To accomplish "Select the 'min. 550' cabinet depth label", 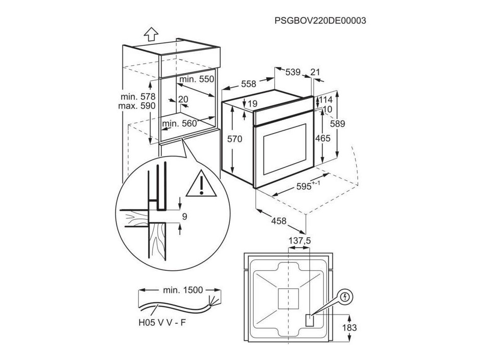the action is [196, 80].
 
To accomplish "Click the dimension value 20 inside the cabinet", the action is [183, 99].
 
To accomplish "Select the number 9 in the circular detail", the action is [184, 217].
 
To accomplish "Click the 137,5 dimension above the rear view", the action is [300, 240].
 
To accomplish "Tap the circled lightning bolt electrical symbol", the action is [345, 297].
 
